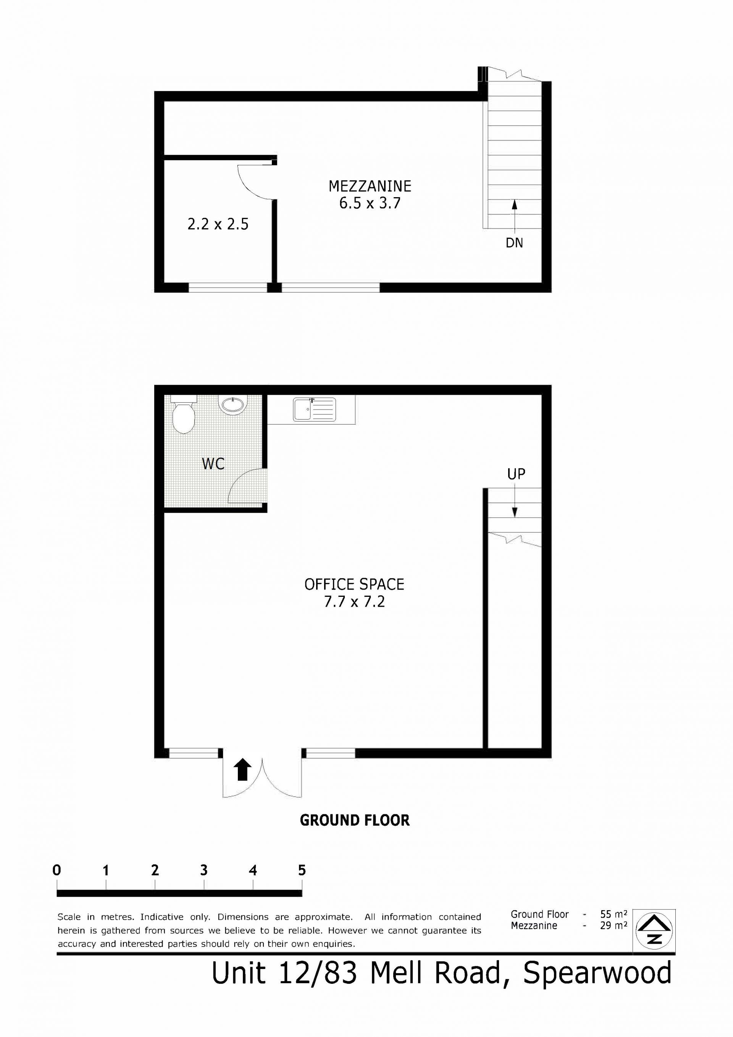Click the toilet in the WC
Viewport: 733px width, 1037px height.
(x=183, y=414)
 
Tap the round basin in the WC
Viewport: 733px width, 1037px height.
(x=232, y=404)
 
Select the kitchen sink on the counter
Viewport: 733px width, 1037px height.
(x=315, y=409)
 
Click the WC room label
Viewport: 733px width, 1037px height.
(x=213, y=463)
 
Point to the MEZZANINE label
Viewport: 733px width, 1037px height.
(x=370, y=186)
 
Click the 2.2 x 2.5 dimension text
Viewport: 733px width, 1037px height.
(x=218, y=224)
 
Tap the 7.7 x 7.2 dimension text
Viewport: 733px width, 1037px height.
(x=354, y=601)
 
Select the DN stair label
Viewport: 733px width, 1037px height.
(x=514, y=243)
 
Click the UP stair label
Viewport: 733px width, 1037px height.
(x=517, y=474)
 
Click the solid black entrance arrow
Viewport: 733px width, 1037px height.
(x=243, y=769)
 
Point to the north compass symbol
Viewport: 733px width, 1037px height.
(x=654, y=931)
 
